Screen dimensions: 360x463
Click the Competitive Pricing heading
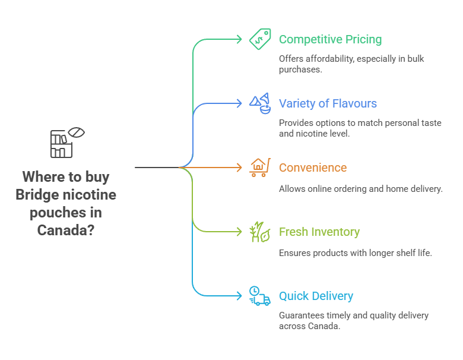coord(330,40)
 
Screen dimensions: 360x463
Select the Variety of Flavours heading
coord(328,104)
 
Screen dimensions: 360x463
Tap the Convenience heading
coord(312,168)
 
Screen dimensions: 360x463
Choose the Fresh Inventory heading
coord(319,232)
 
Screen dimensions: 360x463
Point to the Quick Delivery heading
coord(316,296)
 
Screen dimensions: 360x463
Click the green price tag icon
coord(260,39)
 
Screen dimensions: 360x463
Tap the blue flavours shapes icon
coord(260,103)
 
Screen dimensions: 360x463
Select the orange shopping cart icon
coord(260,168)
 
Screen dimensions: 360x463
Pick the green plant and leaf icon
coord(260,232)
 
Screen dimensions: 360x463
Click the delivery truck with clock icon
coord(260,296)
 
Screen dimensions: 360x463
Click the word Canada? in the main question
coord(65,230)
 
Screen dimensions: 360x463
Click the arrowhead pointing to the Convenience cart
coord(240,168)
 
